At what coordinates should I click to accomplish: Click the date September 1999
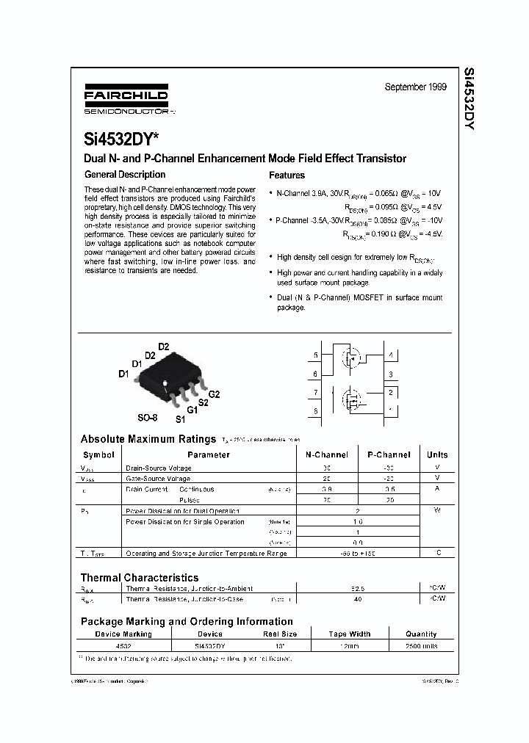click(415, 87)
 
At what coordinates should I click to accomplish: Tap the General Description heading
click(125, 175)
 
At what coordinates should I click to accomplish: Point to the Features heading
click(287, 175)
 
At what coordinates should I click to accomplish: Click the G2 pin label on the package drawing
click(214, 394)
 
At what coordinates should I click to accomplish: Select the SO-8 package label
click(148, 417)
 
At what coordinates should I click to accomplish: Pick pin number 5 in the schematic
click(316, 355)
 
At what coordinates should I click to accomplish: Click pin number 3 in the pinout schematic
click(390, 374)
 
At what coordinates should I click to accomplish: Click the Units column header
click(436, 454)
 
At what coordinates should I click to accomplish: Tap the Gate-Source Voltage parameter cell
click(158, 478)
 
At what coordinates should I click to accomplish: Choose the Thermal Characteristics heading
click(140, 578)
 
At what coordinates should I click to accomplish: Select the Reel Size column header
click(280, 634)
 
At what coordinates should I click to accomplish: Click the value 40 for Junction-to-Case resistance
click(357, 599)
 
